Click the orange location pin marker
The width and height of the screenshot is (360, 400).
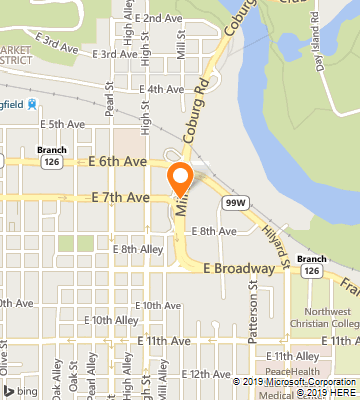[181, 179]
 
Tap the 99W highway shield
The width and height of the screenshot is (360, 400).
[235, 202]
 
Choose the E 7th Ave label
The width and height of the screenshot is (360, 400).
[119, 197]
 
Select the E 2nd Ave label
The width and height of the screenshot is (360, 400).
[155, 19]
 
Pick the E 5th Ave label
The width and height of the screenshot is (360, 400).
[65, 124]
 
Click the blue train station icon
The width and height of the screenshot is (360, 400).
[32, 103]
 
